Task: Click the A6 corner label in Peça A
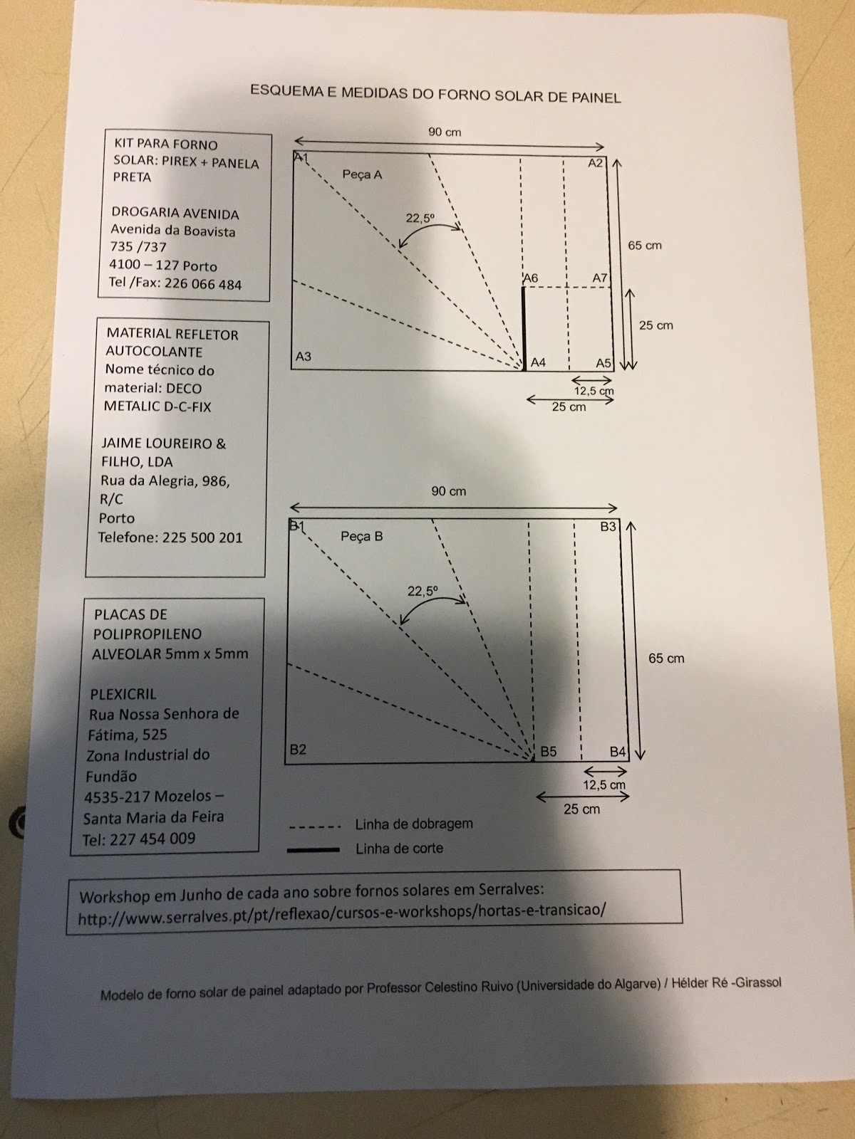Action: [x=530, y=278]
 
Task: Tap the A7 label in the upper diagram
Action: [x=600, y=278]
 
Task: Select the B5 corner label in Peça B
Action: [x=548, y=751]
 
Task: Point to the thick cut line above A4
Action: [x=524, y=327]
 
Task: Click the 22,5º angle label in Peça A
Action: [x=420, y=219]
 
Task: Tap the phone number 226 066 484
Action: [x=203, y=283]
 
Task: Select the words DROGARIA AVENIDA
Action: [x=175, y=213]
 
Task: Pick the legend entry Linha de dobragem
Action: [x=414, y=824]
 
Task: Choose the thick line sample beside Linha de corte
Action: [x=313, y=849]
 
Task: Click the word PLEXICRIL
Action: [x=123, y=693]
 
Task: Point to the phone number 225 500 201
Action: [x=202, y=537]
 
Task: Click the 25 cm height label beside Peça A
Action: [x=655, y=325]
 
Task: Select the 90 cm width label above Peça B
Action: [x=448, y=491]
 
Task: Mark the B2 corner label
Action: [x=298, y=750]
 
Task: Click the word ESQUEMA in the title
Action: [x=282, y=90]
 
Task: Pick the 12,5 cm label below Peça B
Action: [x=604, y=785]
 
